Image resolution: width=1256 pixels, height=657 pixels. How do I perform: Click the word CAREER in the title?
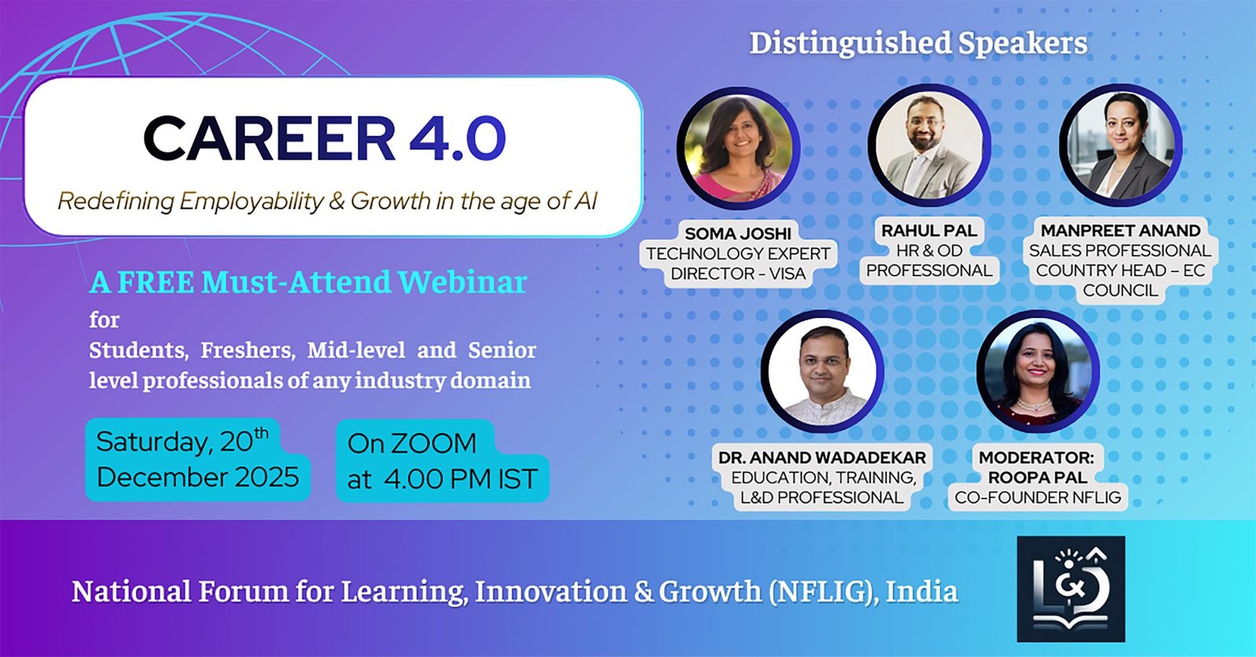pyautogui.click(x=269, y=138)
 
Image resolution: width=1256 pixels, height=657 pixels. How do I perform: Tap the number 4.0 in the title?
pyautogui.click(x=458, y=138)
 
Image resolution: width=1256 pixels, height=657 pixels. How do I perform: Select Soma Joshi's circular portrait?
pyautogui.click(x=739, y=148)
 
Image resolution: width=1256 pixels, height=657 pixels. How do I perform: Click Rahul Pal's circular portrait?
pyautogui.click(x=929, y=145)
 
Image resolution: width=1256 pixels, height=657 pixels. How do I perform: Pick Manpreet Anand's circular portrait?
pyautogui.click(x=1120, y=145)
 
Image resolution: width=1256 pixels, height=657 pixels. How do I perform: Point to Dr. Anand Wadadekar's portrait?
pyautogui.click(x=823, y=371)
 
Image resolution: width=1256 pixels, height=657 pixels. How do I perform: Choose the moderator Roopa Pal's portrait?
pyautogui.click(x=1038, y=371)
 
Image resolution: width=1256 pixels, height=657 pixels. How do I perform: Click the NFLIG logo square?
pyautogui.click(x=1071, y=589)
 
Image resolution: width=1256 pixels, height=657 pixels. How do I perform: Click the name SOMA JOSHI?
pyautogui.click(x=738, y=233)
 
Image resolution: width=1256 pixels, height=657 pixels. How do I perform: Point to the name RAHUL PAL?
pyautogui.click(x=929, y=231)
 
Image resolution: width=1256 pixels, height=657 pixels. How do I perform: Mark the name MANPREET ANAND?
pyautogui.click(x=1120, y=231)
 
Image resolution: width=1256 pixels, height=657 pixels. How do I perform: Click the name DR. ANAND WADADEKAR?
pyautogui.click(x=822, y=458)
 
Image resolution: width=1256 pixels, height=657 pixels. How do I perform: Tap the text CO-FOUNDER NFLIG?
pyautogui.click(x=1038, y=497)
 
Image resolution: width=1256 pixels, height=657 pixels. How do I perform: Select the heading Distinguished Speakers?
pyautogui.click(x=918, y=43)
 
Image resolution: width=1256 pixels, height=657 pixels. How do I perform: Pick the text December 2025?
pyautogui.click(x=198, y=477)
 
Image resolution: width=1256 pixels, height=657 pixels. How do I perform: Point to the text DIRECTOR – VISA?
pyautogui.click(x=738, y=274)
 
